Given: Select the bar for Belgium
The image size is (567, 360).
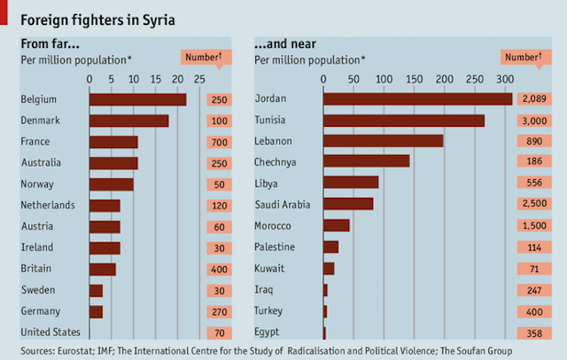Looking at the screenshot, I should [137, 98].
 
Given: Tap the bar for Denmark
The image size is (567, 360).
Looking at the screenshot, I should [128, 120].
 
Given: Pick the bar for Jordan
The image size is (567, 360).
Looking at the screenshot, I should [417, 98].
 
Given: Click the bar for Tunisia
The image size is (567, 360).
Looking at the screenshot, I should [403, 120].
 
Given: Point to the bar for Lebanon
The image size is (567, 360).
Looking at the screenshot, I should [383, 140].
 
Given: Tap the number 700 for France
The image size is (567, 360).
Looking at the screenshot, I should [221, 142].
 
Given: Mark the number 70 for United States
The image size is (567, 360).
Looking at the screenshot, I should [221, 333].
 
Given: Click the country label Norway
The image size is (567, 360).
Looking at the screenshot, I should [36, 184].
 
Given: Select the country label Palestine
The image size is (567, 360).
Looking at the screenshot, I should [275, 247].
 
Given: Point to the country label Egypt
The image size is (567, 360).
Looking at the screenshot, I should [268, 333].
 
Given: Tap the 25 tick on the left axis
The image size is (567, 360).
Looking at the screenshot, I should [198, 79].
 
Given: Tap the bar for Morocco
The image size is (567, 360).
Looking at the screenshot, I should [337, 225].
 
